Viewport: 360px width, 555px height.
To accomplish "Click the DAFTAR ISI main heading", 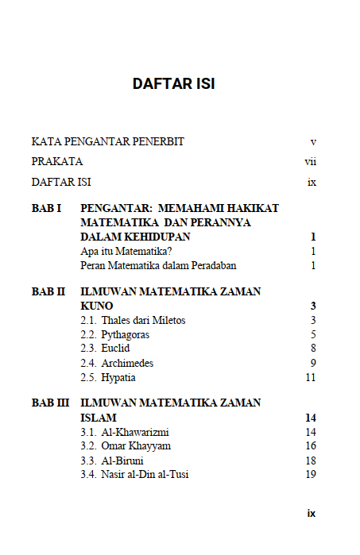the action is click(174, 83).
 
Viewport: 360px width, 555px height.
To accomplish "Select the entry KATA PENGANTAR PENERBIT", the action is click(108, 141).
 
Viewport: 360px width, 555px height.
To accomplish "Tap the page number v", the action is click(313, 141).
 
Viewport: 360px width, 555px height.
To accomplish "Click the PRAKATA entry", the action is click(58, 161).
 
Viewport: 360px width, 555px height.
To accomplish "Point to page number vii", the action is click(311, 161).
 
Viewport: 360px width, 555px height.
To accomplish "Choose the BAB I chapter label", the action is click(47, 208).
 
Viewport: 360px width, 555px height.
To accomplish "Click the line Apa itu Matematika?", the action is click(127, 251).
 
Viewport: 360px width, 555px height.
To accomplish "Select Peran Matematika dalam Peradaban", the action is click(158, 265).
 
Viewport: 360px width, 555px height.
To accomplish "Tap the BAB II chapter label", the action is click(48, 291).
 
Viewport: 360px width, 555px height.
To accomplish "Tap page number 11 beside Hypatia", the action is click(311, 377).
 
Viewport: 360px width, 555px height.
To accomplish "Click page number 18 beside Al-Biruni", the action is click(311, 461).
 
